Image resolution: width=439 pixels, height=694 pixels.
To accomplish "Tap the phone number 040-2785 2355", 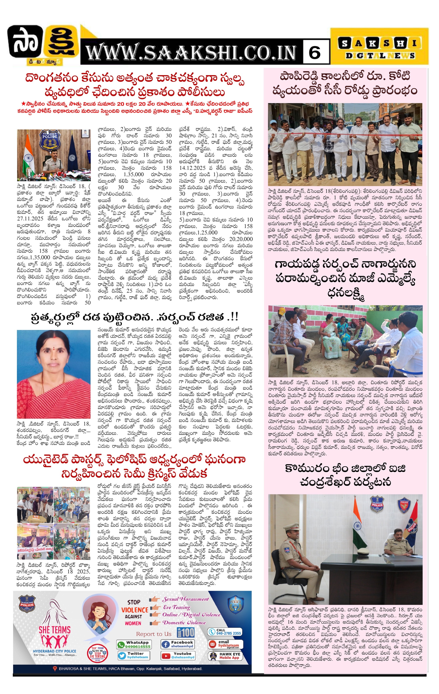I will (x=225, y=632).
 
